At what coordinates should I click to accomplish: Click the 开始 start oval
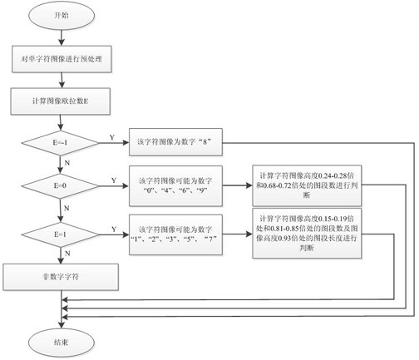click(x=62, y=15)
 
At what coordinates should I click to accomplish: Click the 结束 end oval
click(x=62, y=343)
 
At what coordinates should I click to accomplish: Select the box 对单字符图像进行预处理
click(x=62, y=59)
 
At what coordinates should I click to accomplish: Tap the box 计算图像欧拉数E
click(x=61, y=101)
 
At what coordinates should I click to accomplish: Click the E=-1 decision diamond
click(x=60, y=143)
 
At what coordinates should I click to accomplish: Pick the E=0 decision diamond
click(x=60, y=185)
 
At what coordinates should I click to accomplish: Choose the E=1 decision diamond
click(x=60, y=234)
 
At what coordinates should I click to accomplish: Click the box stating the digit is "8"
click(x=175, y=142)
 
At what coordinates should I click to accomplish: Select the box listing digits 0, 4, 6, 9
click(x=175, y=185)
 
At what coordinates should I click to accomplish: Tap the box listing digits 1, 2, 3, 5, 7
click(x=175, y=234)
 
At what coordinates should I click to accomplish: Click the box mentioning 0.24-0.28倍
click(x=307, y=185)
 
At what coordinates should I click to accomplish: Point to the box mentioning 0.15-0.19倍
click(x=307, y=234)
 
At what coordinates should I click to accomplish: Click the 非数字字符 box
click(x=61, y=277)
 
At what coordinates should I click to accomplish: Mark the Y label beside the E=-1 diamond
click(x=112, y=137)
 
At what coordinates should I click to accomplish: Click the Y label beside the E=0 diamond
click(x=114, y=180)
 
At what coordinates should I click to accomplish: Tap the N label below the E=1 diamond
click(x=67, y=254)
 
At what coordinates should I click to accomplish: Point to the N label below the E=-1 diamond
click(x=67, y=163)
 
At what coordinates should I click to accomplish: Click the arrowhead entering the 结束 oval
click(x=62, y=325)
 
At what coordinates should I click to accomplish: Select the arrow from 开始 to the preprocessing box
click(x=62, y=37)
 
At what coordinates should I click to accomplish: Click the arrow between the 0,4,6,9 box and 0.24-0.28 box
click(x=237, y=185)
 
